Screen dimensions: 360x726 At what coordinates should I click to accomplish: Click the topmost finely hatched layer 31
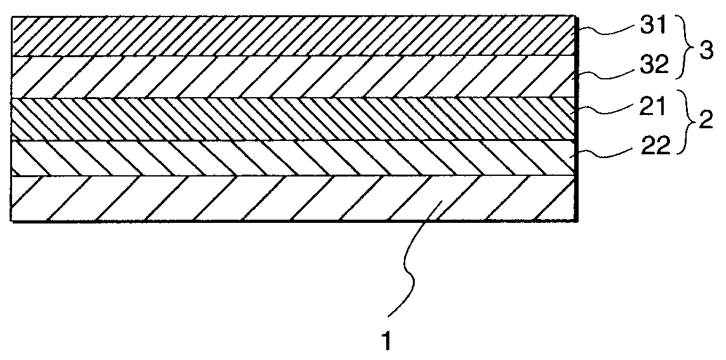292,36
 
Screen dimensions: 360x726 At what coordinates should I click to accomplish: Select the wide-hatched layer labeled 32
292,77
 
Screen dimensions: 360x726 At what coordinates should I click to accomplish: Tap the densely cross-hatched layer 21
292,119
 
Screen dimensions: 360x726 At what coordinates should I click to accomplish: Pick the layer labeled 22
292,157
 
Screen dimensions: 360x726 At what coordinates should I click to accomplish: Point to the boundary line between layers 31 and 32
292,57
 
